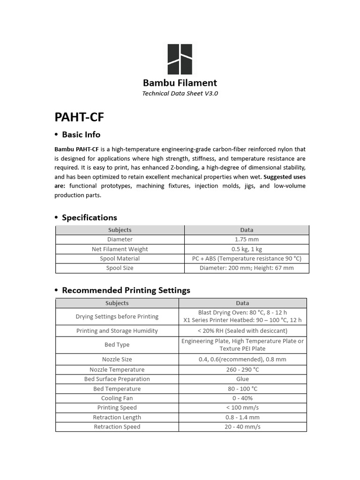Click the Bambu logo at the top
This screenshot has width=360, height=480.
click(180, 60)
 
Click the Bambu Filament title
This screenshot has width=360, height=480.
click(180, 83)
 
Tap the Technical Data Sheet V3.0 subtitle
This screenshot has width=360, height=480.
click(180, 93)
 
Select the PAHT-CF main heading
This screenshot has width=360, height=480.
click(79, 116)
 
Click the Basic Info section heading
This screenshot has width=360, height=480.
click(81, 135)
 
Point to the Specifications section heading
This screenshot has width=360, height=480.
click(89, 217)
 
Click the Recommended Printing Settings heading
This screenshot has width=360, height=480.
click(126, 290)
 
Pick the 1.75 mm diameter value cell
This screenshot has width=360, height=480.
click(247, 240)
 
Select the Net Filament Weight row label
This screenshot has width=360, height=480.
click(120, 249)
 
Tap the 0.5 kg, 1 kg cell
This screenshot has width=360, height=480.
click(247, 249)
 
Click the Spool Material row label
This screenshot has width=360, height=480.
click(120, 258)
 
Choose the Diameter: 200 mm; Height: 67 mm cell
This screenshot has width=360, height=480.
click(247, 268)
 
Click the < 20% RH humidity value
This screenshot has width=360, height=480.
click(242, 331)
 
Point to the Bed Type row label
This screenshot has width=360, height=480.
click(117, 345)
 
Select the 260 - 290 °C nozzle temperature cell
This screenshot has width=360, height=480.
click(242, 369)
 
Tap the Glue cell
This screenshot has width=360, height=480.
click(242, 379)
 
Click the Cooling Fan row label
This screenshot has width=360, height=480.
click(117, 398)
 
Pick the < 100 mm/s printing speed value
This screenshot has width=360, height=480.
click(242, 407)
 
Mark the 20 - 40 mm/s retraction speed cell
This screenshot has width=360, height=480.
click(242, 427)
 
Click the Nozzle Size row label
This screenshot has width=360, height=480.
click(117, 360)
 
